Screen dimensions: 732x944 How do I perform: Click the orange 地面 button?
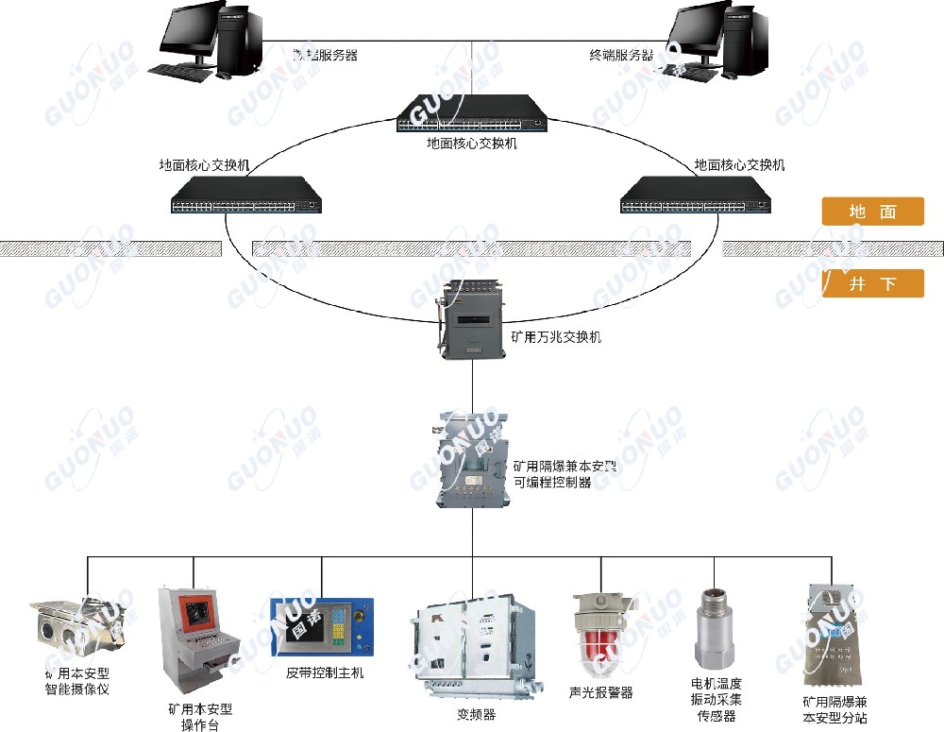(x=872, y=212)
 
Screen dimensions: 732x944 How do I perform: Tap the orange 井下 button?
(x=872, y=283)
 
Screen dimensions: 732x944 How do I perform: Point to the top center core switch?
(x=470, y=114)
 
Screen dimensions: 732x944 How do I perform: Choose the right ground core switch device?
(x=695, y=195)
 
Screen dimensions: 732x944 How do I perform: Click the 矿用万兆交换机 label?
(x=555, y=336)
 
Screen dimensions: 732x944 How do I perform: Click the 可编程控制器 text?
(x=552, y=482)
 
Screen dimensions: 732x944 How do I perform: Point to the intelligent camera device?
(x=76, y=627)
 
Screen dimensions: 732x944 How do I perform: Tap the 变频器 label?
(x=476, y=715)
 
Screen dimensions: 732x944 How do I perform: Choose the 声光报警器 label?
(x=601, y=692)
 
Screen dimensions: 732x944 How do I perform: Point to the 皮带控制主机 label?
(x=325, y=673)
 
